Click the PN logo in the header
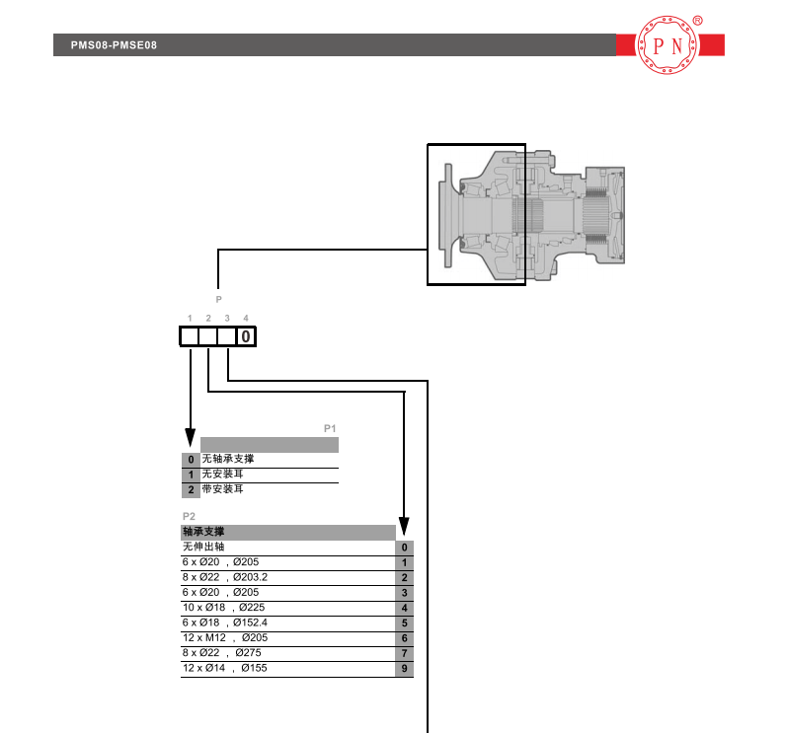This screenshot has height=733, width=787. pos(668,45)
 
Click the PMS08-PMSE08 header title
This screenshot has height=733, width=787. pos(114,45)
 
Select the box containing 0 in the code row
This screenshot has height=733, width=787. pos(246,336)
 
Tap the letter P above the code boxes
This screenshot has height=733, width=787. pos(218,299)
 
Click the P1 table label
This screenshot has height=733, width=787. pos(330,429)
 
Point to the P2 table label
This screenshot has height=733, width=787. pos(189,516)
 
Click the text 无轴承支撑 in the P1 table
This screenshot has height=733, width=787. pos(228,459)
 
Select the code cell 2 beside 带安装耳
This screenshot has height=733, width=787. pos(191,490)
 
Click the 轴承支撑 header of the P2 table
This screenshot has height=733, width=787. pos(203,532)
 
